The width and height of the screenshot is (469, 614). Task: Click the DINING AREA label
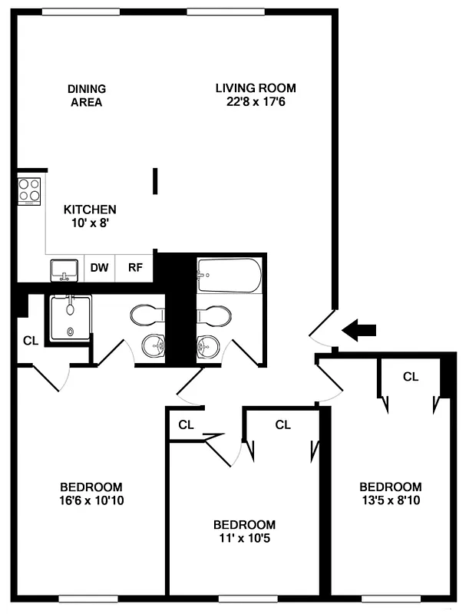pos(86,95)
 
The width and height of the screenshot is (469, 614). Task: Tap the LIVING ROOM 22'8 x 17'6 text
pos(255,94)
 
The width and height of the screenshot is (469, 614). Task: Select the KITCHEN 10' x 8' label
pos(89,216)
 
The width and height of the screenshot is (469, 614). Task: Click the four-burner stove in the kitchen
pos(29,190)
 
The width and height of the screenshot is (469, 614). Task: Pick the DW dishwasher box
pos(100,268)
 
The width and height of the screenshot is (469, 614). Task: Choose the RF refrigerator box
pos(135,268)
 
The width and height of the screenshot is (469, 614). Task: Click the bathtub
pos(229,275)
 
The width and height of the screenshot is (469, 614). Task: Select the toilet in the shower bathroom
pos(147,315)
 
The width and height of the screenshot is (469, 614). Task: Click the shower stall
pos(70,318)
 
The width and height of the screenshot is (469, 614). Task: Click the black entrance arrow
pos(359,331)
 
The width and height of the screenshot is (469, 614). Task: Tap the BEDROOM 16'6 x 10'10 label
pos(91,494)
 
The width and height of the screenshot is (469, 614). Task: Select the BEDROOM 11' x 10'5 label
pos(244,531)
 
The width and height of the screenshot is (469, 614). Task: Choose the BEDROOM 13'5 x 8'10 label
pos(391,494)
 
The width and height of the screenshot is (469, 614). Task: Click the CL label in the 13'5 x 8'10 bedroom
pos(411,377)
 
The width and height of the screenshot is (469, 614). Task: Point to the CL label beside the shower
pos(30,341)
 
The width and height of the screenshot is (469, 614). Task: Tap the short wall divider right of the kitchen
pos(156,182)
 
